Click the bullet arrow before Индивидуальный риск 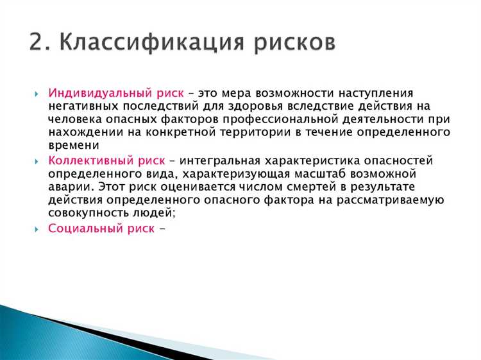point(37,94)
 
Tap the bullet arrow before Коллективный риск point(37,161)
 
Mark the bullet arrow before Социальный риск point(37,228)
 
